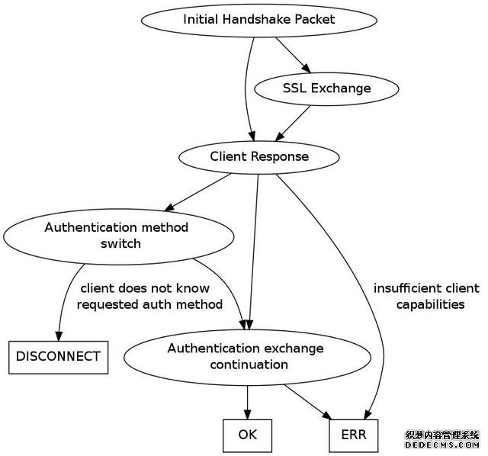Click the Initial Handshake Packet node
[x=259, y=19]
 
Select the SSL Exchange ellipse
[x=326, y=88]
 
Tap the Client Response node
[x=259, y=157]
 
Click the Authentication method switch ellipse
[x=116, y=236]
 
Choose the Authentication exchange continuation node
[x=246, y=356]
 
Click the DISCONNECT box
[x=58, y=356]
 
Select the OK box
[x=248, y=435]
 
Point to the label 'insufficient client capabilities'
[x=426, y=297]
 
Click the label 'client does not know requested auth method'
[x=151, y=297]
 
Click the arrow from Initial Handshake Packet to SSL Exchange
[x=291, y=53]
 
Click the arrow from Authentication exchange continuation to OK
[x=248, y=401]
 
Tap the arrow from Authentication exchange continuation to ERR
[x=308, y=401]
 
